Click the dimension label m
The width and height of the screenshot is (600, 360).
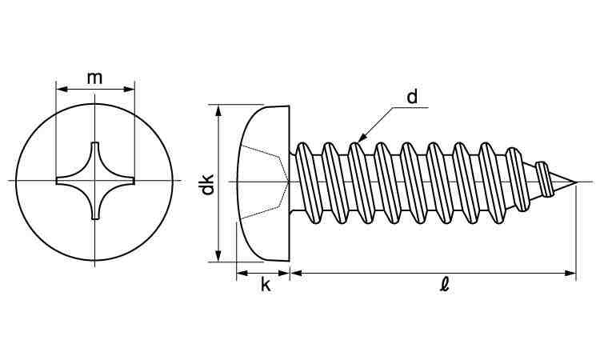(x=94, y=77)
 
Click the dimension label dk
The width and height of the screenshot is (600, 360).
(x=207, y=183)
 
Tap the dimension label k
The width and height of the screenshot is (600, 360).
(x=265, y=286)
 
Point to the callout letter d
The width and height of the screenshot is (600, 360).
(x=413, y=98)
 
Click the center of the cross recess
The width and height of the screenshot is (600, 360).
(x=94, y=181)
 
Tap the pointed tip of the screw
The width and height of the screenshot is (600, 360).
(x=574, y=182)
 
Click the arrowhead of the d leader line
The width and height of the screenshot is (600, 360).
(x=360, y=140)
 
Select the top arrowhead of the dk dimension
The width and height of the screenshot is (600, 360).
(x=218, y=108)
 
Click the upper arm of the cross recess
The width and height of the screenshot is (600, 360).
(x=94, y=152)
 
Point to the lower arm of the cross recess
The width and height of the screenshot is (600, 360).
(x=94, y=210)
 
